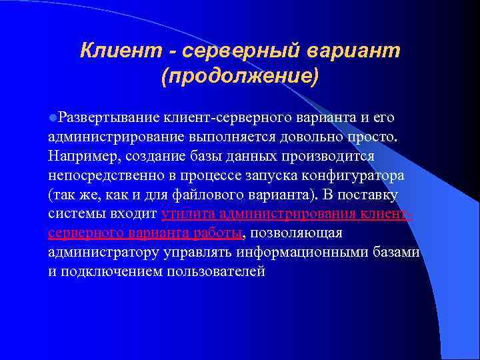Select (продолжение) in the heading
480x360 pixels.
239,75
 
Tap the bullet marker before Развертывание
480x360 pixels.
51,118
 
